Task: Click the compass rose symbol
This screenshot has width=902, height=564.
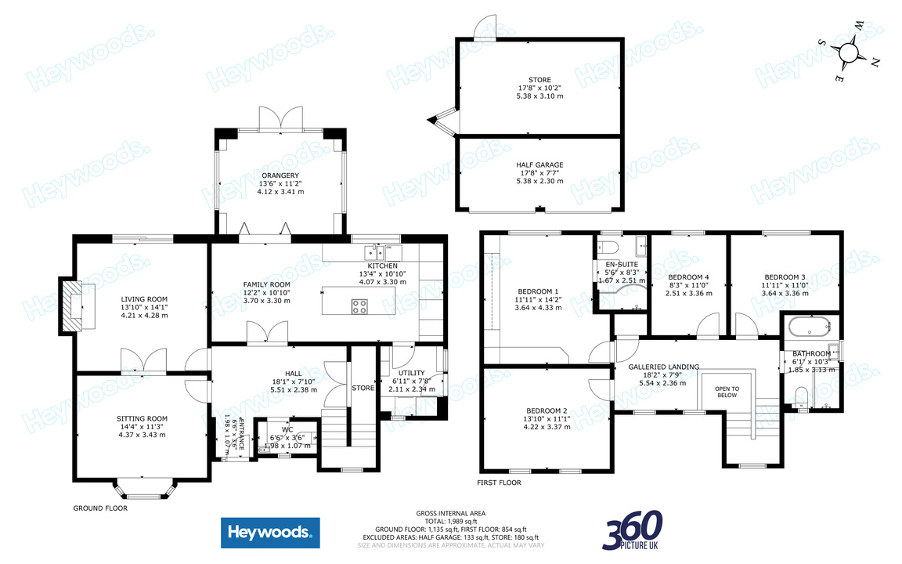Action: pyautogui.click(x=850, y=52)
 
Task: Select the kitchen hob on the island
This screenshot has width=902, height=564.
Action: pyautogui.click(x=359, y=306)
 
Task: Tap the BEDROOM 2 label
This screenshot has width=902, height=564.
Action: pyautogui.click(x=545, y=410)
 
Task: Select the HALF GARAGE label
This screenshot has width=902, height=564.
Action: pyautogui.click(x=539, y=164)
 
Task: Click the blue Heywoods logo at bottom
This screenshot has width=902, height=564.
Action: pyautogui.click(x=270, y=533)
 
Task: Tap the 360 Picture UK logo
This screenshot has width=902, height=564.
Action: pyautogui.click(x=633, y=530)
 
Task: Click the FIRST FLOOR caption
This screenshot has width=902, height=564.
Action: pyautogui.click(x=499, y=483)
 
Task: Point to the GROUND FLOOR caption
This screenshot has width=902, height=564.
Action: pyautogui.click(x=100, y=508)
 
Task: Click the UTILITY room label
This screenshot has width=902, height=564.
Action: pyautogui.click(x=411, y=373)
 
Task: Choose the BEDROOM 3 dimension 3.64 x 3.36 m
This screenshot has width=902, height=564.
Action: pyautogui.click(x=785, y=294)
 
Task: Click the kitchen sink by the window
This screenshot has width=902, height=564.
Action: pyautogui.click(x=370, y=253)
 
